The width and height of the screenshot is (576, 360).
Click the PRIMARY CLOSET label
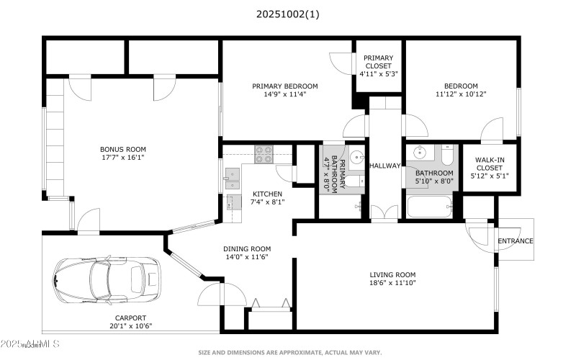[x=378, y=58]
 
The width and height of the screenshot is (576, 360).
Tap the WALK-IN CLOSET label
[x=490, y=163]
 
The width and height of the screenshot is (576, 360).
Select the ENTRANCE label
[x=516, y=240]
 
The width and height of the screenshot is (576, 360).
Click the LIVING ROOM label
[x=392, y=274]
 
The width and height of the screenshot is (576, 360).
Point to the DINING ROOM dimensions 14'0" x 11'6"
[x=247, y=257]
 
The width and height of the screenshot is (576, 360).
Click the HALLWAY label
[x=384, y=166]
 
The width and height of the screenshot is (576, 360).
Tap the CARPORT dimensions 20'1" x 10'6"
[x=130, y=325]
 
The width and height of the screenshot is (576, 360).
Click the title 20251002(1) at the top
[x=287, y=14]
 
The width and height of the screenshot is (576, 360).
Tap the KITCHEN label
[x=268, y=194]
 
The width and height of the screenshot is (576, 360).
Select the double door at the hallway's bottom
[x=384, y=214]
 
